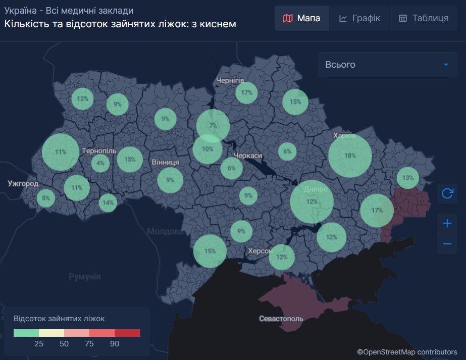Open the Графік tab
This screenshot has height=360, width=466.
[359, 18]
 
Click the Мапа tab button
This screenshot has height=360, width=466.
[302, 18]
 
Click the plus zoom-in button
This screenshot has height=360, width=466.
[447, 223]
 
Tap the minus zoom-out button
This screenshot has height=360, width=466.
[447, 244]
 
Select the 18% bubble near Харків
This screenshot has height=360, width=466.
[350, 156]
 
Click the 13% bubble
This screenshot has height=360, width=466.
[408, 178]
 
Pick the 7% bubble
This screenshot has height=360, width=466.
[213, 125]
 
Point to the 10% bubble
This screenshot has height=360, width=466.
[208, 149]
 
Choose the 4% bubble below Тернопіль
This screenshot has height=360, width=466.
[100, 163]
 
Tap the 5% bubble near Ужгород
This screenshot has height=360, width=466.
[46, 198]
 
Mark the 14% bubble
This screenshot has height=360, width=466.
[108, 203]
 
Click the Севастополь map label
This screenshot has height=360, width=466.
[281, 319]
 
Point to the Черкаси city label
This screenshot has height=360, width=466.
[247, 156]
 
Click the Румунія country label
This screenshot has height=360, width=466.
[84, 277]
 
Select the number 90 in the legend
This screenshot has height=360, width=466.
[115, 344]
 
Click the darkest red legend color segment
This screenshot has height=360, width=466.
[127, 333]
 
